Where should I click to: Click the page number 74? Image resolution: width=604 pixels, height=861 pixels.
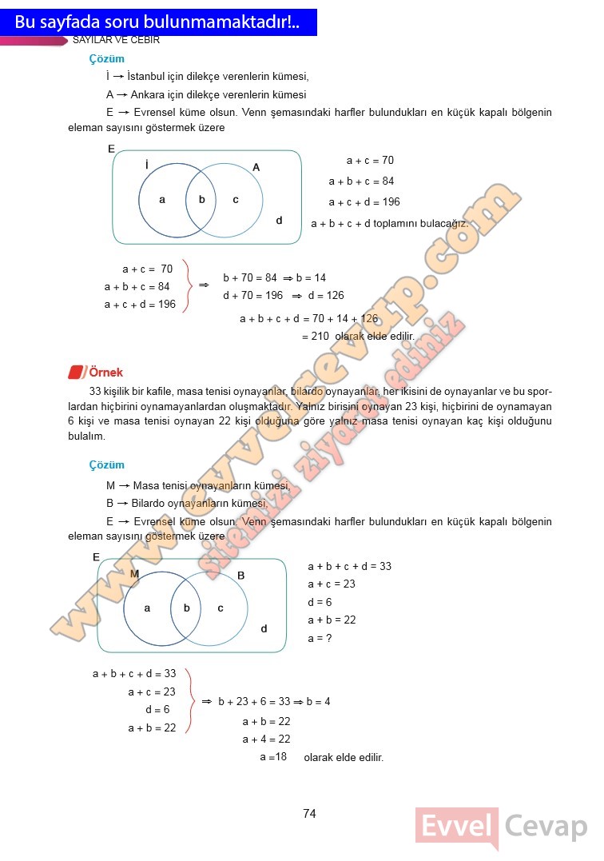(x=310, y=814)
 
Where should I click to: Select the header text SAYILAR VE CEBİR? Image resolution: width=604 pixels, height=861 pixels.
(x=117, y=40)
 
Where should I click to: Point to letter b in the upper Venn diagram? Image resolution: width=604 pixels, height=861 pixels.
(x=202, y=200)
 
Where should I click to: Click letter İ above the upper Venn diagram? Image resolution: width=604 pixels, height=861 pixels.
(x=147, y=165)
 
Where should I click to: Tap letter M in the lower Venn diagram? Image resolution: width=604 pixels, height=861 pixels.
(x=134, y=574)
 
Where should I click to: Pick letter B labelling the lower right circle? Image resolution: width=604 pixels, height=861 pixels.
(x=240, y=576)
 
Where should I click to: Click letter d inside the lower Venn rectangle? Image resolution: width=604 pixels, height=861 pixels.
(x=264, y=628)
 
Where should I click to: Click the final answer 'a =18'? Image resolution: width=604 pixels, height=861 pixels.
(x=273, y=756)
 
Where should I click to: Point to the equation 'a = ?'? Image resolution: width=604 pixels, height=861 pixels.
(x=320, y=638)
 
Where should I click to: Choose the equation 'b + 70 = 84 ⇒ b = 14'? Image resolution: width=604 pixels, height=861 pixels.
(x=274, y=278)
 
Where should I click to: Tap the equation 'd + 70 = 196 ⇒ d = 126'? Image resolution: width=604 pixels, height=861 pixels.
(x=283, y=295)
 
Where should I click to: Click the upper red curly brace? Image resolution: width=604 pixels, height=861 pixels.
(x=188, y=285)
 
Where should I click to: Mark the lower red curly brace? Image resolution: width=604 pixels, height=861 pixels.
(x=190, y=700)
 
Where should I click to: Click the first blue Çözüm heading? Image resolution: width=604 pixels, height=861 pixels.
(x=107, y=59)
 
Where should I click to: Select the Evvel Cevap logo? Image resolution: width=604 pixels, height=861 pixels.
(x=500, y=827)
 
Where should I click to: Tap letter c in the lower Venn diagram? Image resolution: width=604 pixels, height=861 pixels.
(x=221, y=608)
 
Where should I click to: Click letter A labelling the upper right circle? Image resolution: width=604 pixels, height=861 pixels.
(x=256, y=167)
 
